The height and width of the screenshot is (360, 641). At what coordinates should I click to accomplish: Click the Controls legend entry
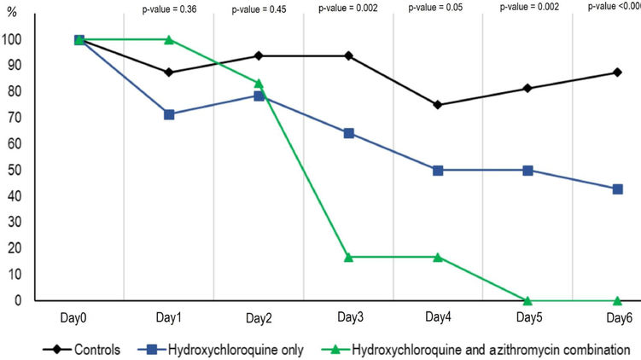click(96, 349)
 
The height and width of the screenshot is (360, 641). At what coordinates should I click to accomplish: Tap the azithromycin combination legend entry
click(479, 349)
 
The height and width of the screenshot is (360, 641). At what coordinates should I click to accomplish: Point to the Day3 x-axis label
click(348, 318)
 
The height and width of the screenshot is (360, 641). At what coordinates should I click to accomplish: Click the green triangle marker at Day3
click(348, 257)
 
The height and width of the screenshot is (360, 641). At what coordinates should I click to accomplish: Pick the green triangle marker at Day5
click(527, 300)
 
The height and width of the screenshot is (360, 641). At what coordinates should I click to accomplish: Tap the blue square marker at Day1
click(169, 114)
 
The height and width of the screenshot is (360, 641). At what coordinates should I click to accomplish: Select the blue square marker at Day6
click(617, 189)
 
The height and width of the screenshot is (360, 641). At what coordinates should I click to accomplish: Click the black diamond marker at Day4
click(438, 105)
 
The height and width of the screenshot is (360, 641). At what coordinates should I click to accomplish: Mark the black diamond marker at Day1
click(169, 73)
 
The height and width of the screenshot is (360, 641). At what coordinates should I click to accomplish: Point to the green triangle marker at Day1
click(169, 40)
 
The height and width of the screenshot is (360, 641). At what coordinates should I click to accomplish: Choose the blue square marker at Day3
click(348, 133)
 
